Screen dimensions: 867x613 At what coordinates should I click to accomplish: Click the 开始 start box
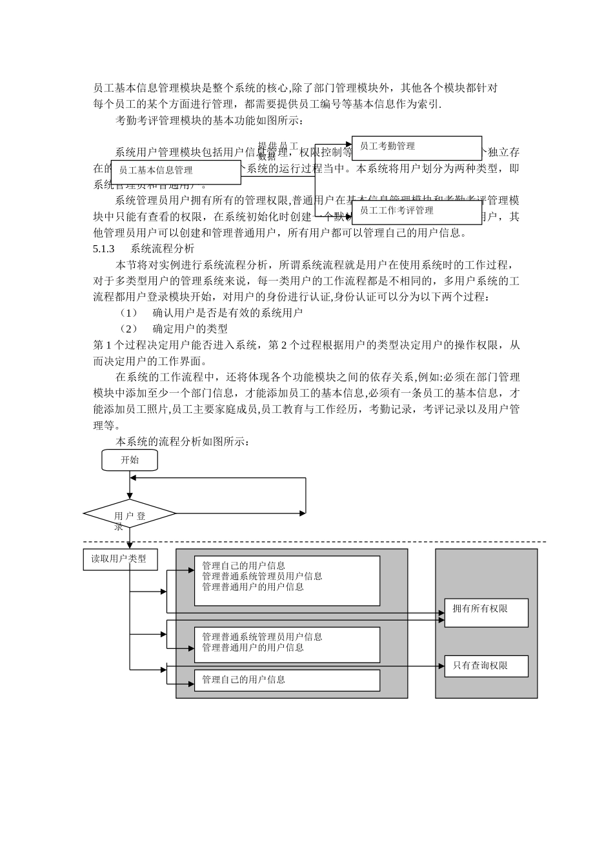tap(129, 460)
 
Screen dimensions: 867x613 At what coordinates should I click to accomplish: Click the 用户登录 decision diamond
tap(130, 514)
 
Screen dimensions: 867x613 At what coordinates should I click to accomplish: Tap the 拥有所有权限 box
tap(486, 613)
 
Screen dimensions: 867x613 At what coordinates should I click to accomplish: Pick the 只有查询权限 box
tap(486, 666)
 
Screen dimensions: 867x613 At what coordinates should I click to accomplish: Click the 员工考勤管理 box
tap(417, 147)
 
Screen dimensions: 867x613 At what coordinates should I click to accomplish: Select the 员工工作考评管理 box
tap(417, 212)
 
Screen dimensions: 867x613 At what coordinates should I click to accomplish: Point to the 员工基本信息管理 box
tap(176, 171)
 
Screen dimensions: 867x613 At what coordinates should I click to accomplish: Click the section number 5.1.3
tap(104, 248)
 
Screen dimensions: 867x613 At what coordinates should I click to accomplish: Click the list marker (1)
tap(129, 313)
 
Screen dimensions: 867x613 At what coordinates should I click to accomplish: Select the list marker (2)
tap(129, 329)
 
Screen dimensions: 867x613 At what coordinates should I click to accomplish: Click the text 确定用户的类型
tap(190, 329)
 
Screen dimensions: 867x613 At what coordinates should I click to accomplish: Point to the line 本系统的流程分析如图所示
tap(182, 442)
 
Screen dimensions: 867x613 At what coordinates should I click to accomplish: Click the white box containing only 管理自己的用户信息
tap(287, 680)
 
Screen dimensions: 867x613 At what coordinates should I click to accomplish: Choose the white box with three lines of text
tap(287, 581)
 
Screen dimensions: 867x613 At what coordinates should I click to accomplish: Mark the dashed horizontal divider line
tap(323, 542)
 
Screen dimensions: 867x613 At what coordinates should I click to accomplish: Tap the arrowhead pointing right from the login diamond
tap(303, 513)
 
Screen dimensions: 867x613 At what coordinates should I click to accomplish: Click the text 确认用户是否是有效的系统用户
tap(228, 313)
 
